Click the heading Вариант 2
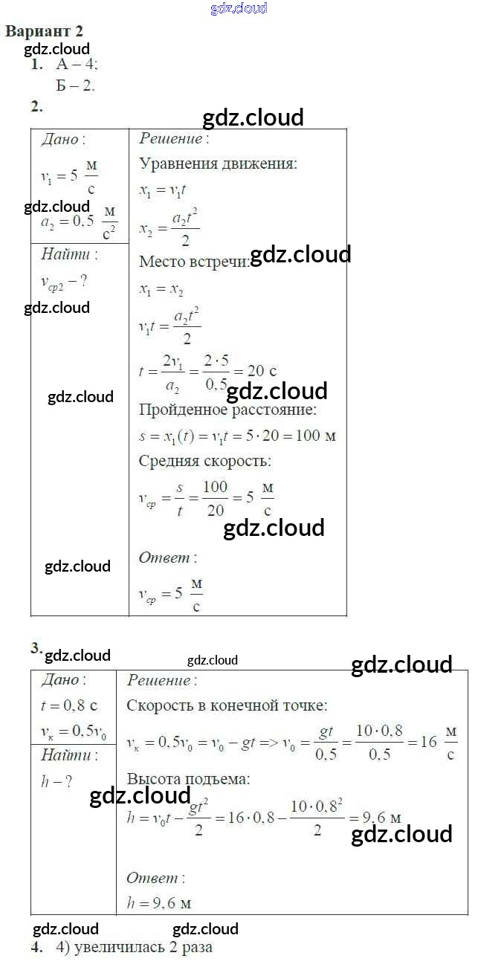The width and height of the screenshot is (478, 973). [44, 31]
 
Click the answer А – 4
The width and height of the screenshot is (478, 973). [77, 65]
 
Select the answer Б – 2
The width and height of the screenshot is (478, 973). [75, 85]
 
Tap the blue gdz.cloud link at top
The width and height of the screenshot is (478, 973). [239, 9]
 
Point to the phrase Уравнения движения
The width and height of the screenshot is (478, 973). [218, 164]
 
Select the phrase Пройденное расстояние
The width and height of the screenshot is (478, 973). [227, 409]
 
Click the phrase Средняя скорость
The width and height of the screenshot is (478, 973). [203, 461]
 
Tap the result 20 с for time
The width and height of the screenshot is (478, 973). [261, 371]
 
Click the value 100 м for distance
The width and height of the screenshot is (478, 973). [316, 435]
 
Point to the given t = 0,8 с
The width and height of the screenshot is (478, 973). [69, 705]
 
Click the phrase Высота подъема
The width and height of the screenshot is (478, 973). [188, 779]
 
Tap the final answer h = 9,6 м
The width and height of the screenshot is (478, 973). [159, 904]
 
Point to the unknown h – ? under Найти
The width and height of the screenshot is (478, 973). [56, 781]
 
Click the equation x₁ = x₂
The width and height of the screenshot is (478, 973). [161, 291]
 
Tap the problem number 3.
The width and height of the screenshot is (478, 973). [36, 648]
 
